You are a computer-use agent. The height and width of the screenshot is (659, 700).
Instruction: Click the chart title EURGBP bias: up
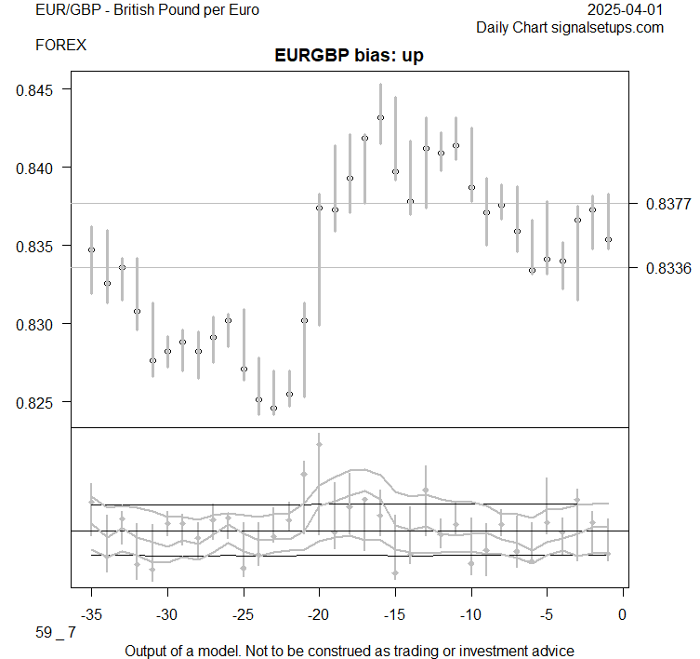click(350, 56)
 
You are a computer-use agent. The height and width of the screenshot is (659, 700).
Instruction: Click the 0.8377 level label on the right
click(666, 204)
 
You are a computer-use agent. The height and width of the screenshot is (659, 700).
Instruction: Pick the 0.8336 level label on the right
click(666, 268)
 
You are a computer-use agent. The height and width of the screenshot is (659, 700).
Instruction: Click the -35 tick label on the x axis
click(91, 614)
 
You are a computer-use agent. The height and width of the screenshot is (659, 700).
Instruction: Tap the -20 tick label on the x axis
click(319, 614)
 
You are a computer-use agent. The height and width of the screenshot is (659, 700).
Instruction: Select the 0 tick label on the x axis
click(623, 614)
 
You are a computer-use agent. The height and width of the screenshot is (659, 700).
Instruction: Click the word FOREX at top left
click(61, 44)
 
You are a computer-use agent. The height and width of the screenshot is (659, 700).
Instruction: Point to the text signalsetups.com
click(610, 28)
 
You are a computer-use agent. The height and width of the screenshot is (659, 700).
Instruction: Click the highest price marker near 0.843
click(380, 118)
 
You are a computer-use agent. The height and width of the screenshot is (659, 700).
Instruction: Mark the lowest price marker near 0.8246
click(273, 408)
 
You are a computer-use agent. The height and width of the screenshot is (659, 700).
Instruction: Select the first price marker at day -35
click(91, 249)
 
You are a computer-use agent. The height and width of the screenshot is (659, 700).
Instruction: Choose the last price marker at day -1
click(608, 239)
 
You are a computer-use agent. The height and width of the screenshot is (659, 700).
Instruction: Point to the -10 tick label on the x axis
click(470, 614)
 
